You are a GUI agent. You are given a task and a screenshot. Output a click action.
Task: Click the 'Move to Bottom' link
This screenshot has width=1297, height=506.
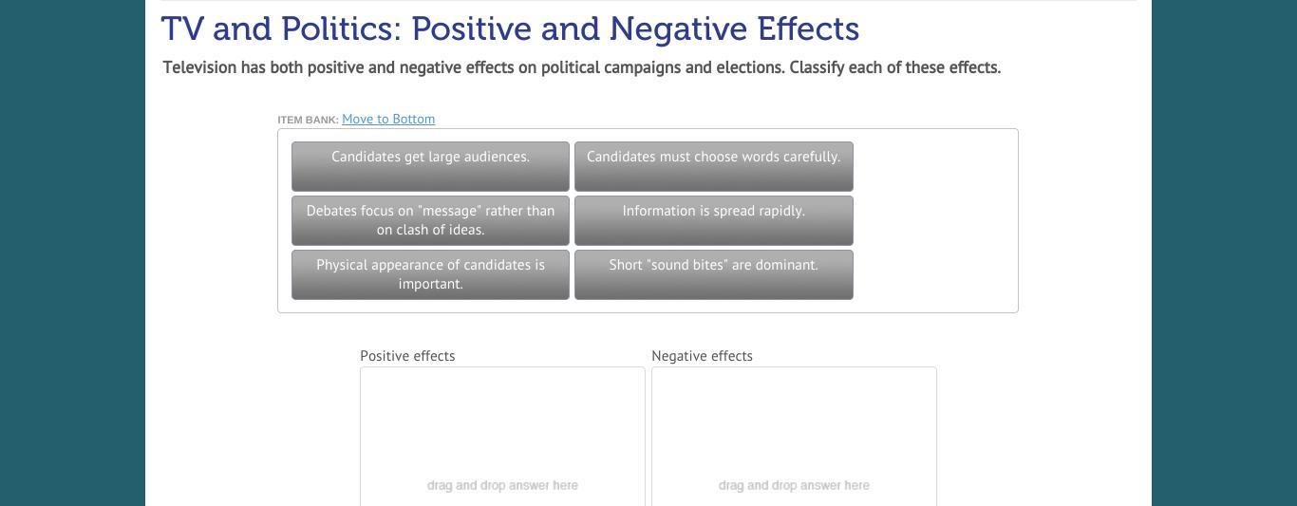click(x=388, y=120)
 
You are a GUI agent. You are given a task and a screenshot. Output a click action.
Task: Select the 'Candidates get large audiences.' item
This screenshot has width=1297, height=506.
click(x=430, y=166)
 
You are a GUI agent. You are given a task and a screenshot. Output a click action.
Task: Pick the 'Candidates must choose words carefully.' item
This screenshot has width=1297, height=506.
click(x=713, y=166)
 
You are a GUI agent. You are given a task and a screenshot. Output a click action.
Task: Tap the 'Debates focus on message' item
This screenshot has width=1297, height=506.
click(x=430, y=220)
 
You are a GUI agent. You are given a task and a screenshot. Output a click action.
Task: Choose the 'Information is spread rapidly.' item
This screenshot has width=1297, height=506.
click(x=713, y=220)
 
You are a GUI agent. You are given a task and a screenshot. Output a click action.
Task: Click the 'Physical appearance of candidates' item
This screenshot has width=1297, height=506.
click(x=430, y=274)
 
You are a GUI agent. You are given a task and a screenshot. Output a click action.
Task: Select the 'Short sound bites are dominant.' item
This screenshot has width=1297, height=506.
click(x=713, y=274)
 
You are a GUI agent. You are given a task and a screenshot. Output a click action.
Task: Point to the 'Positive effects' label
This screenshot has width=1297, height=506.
click(x=407, y=356)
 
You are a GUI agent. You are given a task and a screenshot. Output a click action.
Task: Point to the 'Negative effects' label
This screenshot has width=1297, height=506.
click(x=702, y=356)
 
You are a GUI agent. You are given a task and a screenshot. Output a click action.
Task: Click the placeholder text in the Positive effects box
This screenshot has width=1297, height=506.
click(x=502, y=485)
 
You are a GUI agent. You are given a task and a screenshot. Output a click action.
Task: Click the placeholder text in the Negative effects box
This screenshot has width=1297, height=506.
click(x=794, y=485)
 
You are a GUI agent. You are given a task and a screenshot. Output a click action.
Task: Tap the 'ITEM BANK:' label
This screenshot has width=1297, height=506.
click(x=308, y=120)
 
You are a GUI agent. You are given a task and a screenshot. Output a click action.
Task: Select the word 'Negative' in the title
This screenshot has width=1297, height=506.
click(x=678, y=28)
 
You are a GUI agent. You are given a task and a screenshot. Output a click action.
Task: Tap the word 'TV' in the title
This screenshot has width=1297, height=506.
click(x=182, y=28)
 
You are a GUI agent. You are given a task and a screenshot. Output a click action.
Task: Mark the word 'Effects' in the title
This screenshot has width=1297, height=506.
click(x=808, y=28)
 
